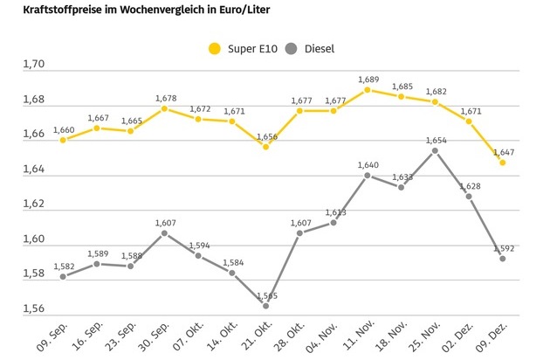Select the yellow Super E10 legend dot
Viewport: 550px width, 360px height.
[214, 49]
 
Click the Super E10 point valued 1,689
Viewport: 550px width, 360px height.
[368, 89]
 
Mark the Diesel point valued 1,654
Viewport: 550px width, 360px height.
[435, 150]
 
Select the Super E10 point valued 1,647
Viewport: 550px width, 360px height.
[502, 163]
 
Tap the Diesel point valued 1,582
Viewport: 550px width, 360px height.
[63, 276]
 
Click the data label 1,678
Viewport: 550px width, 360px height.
[164, 97]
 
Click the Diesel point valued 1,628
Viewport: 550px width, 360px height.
[469, 196]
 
